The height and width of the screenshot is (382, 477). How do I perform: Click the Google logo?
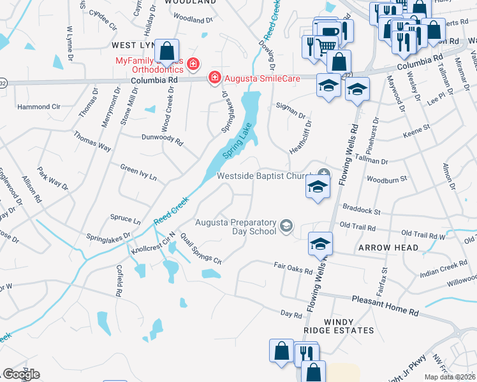click(x=21, y=374)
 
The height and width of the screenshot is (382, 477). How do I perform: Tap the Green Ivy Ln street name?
click(x=138, y=172)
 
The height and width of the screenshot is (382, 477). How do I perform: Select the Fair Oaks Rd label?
click(x=293, y=267)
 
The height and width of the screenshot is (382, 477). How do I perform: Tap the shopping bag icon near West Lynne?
click(x=167, y=50)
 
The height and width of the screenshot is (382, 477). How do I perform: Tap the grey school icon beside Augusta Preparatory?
click(x=286, y=224)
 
